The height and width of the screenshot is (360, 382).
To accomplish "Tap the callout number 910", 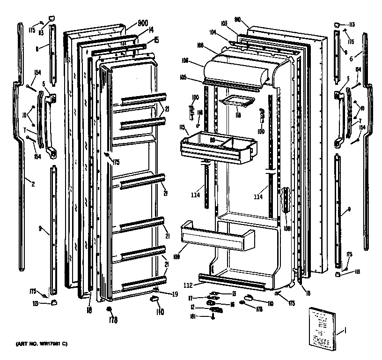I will click(x=237, y=20).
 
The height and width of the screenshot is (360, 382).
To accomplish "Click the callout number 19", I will click(x=175, y=294).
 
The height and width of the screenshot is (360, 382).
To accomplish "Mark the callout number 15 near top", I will click(x=156, y=40).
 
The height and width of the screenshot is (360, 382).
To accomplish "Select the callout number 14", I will click(x=151, y=30).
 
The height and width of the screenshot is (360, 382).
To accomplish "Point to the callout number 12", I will click(x=192, y=307).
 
